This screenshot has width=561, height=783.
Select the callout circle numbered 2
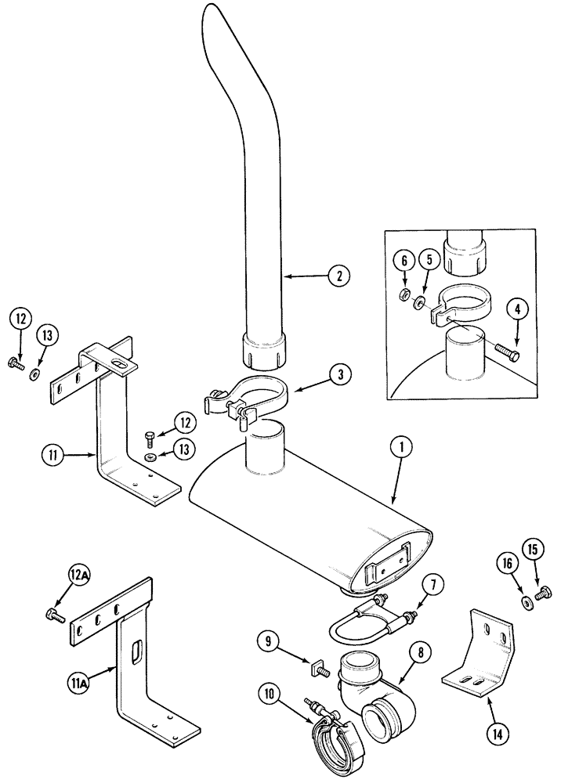click(338, 276)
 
